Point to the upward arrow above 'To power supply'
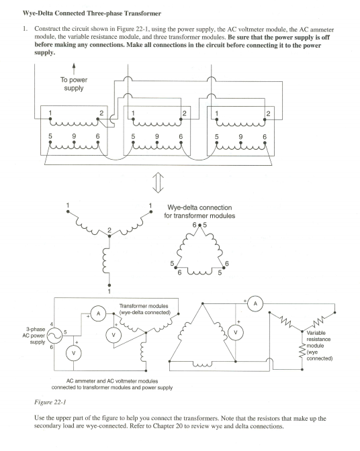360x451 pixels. [73, 68]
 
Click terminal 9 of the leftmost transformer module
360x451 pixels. [73, 136]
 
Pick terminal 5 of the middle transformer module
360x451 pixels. [133, 136]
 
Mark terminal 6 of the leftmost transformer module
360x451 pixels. [98, 136]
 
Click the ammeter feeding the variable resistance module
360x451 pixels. [255, 303]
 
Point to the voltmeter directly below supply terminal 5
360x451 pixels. [73, 352]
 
